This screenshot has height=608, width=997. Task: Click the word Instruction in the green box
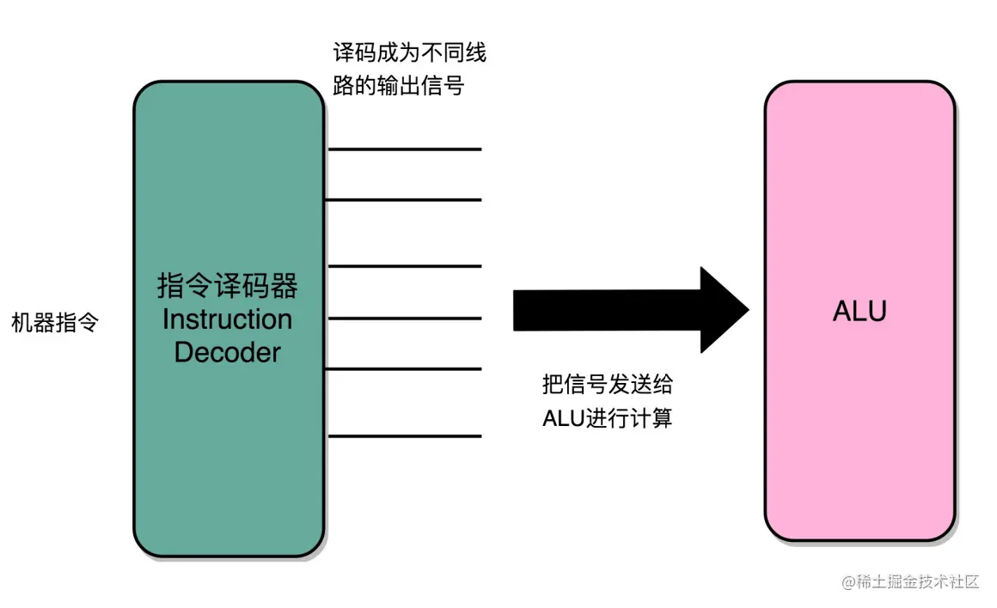tap(228, 319)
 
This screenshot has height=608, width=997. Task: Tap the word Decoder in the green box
tap(228, 352)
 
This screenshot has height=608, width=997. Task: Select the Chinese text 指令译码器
tap(228, 286)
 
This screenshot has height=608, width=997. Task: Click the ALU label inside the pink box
tap(859, 311)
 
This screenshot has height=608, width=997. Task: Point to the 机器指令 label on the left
tap(55, 324)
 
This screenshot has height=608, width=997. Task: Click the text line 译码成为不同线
tap(409, 54)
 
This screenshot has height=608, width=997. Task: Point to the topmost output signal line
tap(404, 149)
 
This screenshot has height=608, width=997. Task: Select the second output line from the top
tap(404, 200)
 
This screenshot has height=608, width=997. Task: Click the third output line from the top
tap(404, 266)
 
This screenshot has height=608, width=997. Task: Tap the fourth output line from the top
tap(404, 318)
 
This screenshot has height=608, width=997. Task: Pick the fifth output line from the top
tap(404, 369)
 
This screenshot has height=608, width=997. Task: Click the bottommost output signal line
tap(404, 436)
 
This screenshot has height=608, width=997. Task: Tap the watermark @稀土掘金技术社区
tap(910, 581)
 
